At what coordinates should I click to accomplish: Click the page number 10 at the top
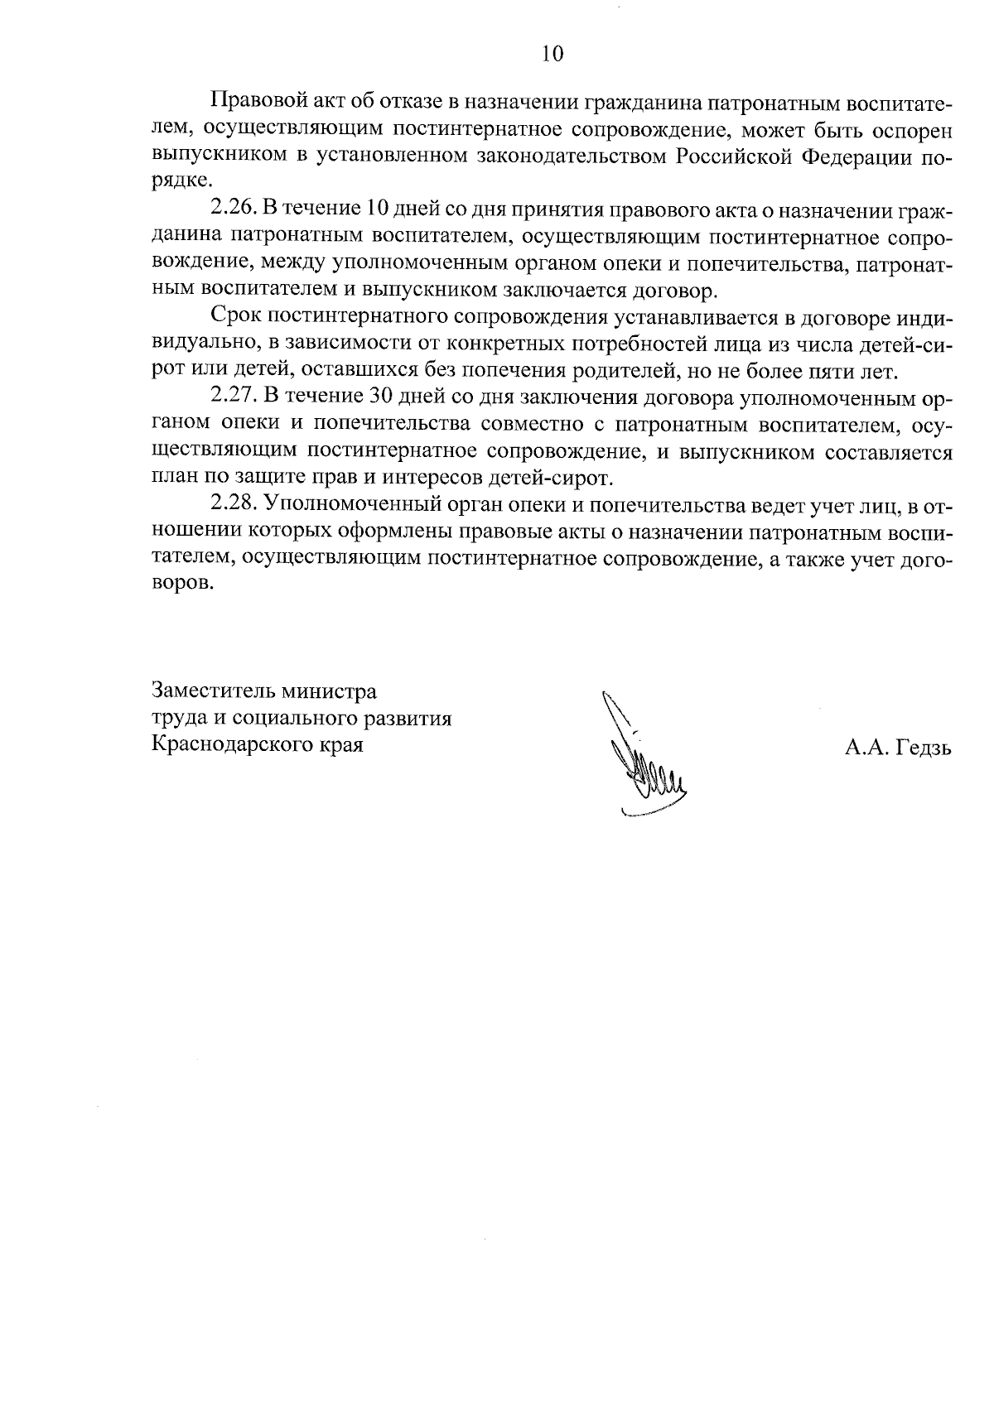click(552, 55)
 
